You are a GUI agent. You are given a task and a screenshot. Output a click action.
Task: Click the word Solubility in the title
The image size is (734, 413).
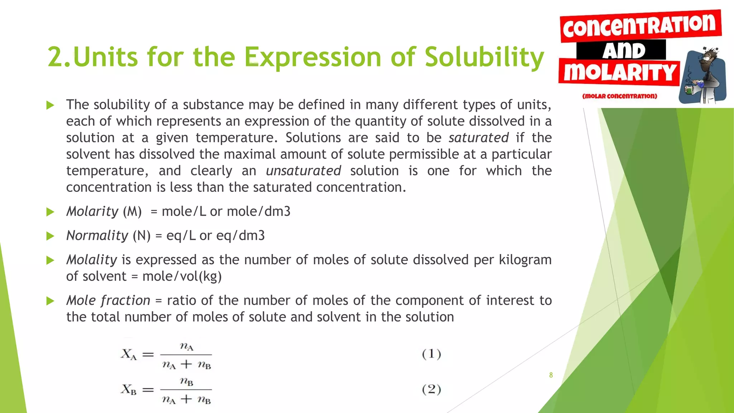tap(484, 57)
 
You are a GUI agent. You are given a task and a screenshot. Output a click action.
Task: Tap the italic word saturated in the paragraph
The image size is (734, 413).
tap(478, 138)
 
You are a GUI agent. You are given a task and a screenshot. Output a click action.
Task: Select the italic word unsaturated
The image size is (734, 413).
tap(303, 171)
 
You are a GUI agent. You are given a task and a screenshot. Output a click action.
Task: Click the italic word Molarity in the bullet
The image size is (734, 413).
tap(92, 212)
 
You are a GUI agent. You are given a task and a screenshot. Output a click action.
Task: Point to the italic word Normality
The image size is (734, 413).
tap(97, 236)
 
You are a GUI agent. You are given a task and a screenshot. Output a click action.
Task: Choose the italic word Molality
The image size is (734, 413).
tap(92, 260)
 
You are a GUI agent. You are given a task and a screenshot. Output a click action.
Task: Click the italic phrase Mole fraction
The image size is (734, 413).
tap(108, 300)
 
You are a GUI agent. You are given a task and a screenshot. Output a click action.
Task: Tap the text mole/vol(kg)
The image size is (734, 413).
tap(182, 276)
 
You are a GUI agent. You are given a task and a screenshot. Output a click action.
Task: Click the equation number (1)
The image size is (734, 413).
tap(431, 354)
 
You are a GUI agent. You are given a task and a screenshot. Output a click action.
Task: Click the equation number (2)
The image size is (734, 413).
tap(431, 389)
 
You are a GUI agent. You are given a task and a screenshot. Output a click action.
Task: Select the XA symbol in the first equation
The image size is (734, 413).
tap(128, 355)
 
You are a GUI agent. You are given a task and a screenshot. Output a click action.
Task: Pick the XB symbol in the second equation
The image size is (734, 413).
tap(128, 389)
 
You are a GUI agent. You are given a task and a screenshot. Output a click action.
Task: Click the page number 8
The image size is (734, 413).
tap(551, 375)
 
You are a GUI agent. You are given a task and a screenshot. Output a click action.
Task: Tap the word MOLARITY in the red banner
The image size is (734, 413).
tap(619, 73)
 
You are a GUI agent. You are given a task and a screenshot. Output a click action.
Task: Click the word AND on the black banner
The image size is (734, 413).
tap(624, 50)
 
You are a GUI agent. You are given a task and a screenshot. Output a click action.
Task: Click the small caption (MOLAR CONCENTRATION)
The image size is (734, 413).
tap(619, 96)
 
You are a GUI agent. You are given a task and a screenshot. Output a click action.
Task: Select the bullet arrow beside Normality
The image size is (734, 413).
tap(50, 236)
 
